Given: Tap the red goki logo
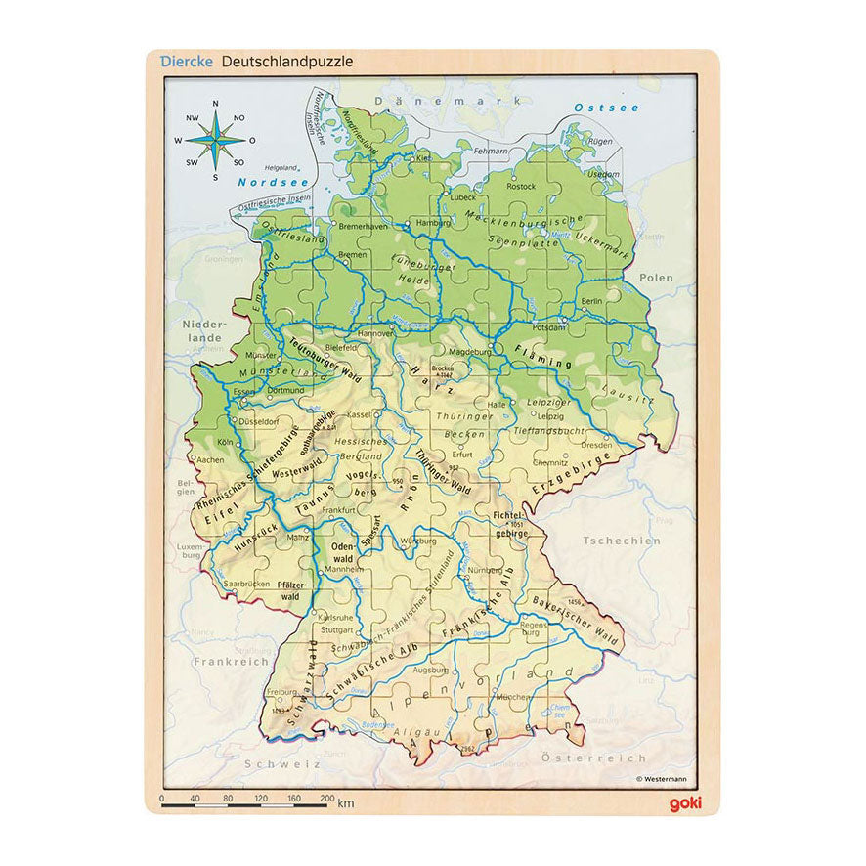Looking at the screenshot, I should tap(684, 803).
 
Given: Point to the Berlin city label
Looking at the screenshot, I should tap(591, 302).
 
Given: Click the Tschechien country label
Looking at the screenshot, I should tap(621, 540).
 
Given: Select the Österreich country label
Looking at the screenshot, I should tap(608, 758).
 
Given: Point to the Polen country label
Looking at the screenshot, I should tap(656, 278).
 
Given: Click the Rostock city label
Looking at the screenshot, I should tap(521, 186).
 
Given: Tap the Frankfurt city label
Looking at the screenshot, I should tap(337, 510).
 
